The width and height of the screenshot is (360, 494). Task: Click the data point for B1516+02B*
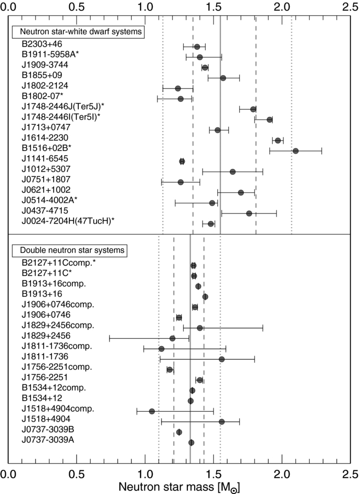point(295,151)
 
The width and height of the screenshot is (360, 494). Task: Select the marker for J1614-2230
point(278,141)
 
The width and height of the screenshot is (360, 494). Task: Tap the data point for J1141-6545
point(182,162)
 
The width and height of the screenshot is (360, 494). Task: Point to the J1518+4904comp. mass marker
point(152,411)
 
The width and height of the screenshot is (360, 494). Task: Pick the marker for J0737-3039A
point(191,443)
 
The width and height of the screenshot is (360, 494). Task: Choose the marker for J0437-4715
point(249,213)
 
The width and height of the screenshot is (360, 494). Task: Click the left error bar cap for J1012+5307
point(203,171)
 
